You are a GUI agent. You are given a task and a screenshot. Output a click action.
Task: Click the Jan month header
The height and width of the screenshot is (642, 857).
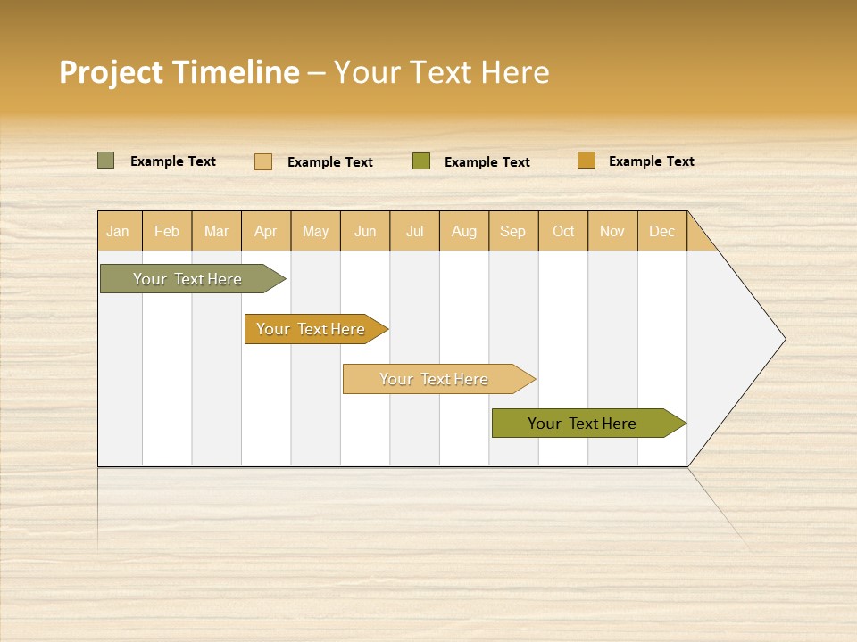click(119, 231)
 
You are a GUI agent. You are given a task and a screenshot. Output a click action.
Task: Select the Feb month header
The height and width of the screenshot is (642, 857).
click(167, 231)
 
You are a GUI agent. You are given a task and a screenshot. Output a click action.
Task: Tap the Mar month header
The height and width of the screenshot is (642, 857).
click(216, 231)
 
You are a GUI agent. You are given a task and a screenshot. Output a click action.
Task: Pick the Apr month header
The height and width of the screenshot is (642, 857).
click(266, 231)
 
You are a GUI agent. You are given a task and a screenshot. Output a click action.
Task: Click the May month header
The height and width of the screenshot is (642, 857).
click(315, 231)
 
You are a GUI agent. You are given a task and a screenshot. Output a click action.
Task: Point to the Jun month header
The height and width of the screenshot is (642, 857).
click(365, 231)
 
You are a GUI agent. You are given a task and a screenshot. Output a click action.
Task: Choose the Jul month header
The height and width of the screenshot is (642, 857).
click(414, 231)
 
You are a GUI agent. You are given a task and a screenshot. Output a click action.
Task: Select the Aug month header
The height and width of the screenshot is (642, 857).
click(464, 231)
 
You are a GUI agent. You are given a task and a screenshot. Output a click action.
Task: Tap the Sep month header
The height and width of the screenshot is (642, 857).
click(513, 231)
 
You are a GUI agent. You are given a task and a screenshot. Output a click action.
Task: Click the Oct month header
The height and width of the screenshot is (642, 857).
click(563, 231)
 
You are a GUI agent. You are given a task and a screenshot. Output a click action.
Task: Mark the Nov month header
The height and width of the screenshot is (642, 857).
click(612, 231)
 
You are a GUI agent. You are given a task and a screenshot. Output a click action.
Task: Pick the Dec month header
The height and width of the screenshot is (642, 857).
click(662, 231)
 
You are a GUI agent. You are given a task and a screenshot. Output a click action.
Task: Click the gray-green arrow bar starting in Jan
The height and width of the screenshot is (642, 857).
click(187, 279)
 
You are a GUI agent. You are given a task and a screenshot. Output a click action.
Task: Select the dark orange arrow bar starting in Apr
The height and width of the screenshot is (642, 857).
click(311, 329)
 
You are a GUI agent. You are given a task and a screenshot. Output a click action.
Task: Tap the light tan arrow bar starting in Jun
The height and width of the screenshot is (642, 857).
click(434, 379)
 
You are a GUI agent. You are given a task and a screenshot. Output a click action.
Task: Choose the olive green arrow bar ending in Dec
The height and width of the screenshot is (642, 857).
click(582, 424)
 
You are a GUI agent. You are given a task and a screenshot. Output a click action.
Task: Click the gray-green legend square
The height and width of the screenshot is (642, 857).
click(105, 160)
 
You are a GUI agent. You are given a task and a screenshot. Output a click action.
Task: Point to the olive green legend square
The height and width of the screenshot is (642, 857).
click(421, 160)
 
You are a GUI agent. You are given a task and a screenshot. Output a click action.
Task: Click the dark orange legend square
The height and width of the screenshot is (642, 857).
click(586, 160)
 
